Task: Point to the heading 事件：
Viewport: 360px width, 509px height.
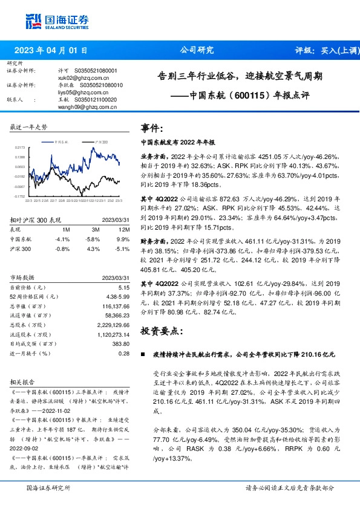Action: (152, 129)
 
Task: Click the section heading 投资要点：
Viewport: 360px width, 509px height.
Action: (162, 332)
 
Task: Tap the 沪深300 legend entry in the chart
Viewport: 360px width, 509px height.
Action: (100, 141)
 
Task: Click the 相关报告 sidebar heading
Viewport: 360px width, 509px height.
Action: (25, 383)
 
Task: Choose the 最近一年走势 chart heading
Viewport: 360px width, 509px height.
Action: (29, 127)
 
